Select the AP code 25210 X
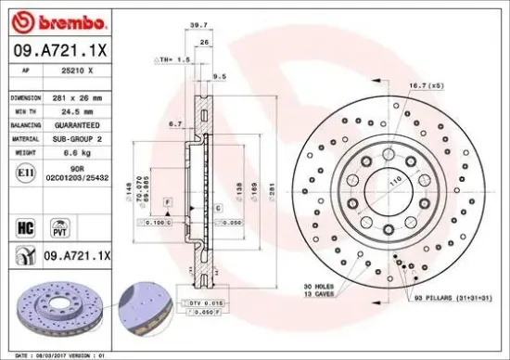(75, 71)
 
